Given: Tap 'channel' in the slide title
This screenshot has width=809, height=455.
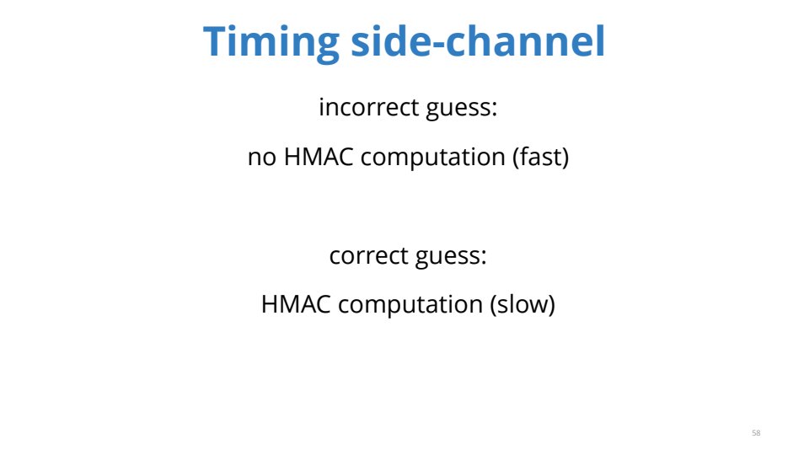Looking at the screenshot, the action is point(525,40).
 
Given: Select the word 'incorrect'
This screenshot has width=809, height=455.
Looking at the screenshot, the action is point(369,107).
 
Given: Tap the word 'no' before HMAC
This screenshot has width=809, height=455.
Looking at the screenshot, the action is point(262,158).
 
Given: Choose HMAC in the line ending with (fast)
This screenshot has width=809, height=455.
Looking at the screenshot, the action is point(319,157).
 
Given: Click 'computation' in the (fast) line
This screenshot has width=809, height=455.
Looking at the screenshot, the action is point(432,158).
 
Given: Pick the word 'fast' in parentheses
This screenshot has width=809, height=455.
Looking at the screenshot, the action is point(541,157).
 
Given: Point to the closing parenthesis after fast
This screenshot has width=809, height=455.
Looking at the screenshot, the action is point(565,157).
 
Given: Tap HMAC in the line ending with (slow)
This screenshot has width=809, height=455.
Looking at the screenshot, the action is point(296,304).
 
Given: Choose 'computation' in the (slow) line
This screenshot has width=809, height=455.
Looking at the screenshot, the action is point(410,305).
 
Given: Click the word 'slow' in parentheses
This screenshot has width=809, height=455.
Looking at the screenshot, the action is point(522,304).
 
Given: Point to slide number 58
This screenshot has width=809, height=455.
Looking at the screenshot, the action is point(756,433).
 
